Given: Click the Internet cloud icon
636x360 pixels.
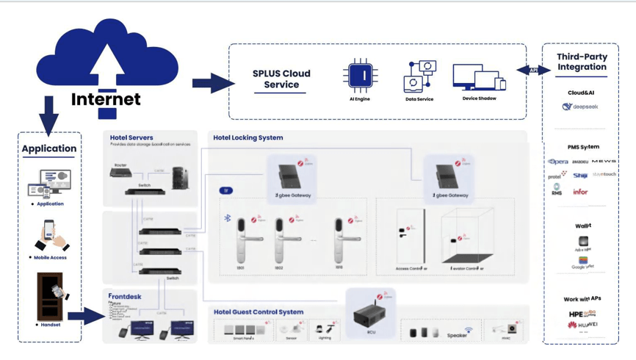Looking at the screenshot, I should coord(107,62).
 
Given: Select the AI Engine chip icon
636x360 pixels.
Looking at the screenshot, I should coord(360,76).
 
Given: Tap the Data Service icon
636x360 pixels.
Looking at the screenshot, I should coord(419,76).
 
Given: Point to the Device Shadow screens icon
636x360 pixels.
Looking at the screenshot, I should coord(478,77).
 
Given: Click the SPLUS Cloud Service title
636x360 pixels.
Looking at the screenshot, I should coord(281,79).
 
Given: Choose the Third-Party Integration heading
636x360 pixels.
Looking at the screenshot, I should coord(581,62).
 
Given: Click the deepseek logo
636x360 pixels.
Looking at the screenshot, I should coord(580,107).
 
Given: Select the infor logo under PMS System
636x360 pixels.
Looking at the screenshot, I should coord(580,192).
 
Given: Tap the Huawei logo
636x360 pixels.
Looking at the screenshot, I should coord(582,325).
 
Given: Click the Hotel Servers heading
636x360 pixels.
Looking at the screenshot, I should coord(131,137).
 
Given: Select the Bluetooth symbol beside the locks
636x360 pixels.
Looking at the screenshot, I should coord(228,218).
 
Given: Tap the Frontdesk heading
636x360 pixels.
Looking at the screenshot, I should coord(125,296).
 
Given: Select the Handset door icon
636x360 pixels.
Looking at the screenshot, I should coord(50,296).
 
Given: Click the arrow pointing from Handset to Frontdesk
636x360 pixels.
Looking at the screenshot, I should coord(86,317).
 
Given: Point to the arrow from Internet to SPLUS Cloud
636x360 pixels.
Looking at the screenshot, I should coord(212,83).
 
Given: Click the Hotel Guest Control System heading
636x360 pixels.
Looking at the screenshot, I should coord(259,312).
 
